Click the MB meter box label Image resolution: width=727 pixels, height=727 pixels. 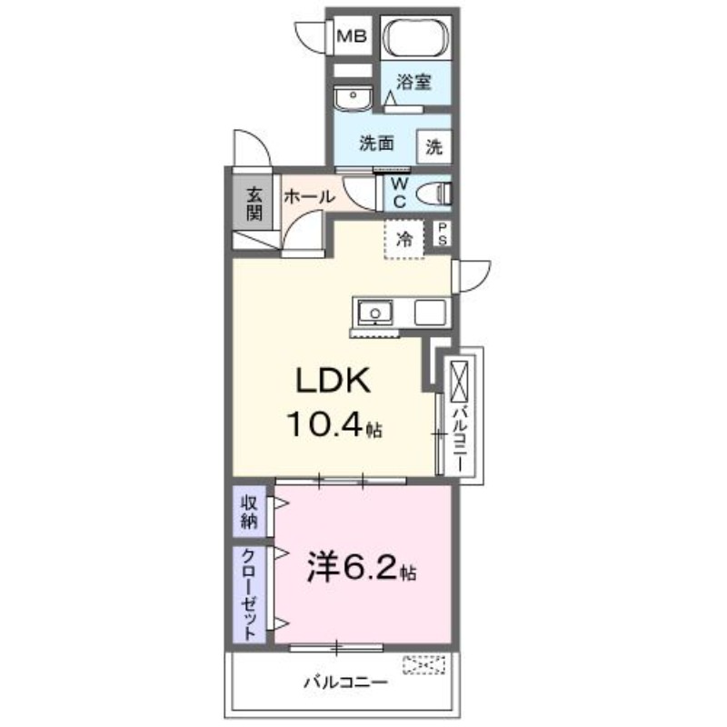(x=352, y=37)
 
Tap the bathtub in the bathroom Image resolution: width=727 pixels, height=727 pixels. (x=415, y=40)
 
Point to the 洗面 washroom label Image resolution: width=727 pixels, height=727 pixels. (x=375, y=144)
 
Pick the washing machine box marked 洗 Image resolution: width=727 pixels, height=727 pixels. (x=434, y=145)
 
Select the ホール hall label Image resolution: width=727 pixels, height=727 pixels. (x=309, y=196)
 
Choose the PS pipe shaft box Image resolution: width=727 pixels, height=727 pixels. (x=443, y=234)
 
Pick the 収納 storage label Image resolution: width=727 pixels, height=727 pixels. (x=249, y=512)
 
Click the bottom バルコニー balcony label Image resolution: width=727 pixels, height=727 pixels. (x=345, y=681)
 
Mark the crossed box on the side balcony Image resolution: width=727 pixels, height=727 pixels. (x=459, y=381)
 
